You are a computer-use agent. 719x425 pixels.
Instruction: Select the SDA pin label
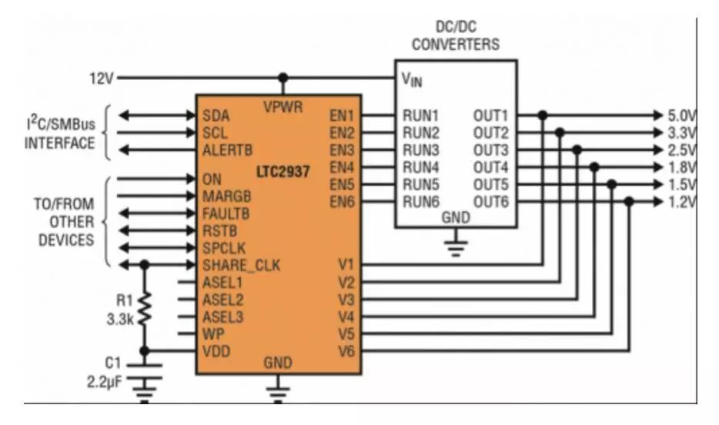pos(216,115)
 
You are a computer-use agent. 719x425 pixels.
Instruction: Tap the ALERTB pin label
pos(227,149)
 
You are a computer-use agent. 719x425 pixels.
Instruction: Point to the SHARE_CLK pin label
pos(241,266)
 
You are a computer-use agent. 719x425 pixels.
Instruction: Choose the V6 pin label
pos(345,351)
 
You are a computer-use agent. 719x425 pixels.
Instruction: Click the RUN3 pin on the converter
pos(420,149)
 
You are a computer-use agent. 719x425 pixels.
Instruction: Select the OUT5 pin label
pos(491,184)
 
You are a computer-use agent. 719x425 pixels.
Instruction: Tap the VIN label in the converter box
pos(412,79)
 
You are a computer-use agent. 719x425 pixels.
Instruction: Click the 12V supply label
pos(102,78)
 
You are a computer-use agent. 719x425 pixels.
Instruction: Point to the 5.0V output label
pos(682,115)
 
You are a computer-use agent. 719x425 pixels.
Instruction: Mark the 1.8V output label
pos(682,167)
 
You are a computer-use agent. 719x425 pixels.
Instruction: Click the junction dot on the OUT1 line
pos(543,115)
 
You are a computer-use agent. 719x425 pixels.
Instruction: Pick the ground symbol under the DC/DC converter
pos(456,247)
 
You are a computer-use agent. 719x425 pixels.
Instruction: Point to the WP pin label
pos(212,333)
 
